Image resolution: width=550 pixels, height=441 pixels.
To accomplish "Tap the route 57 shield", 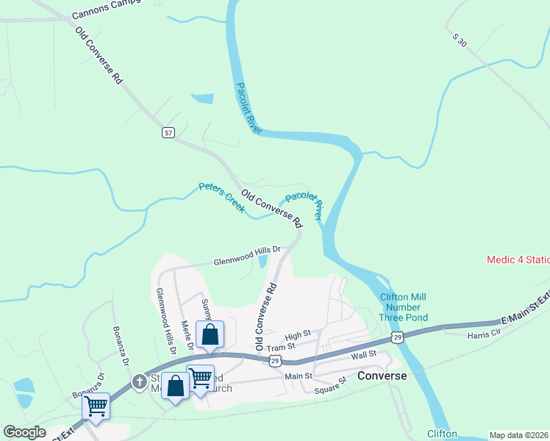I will coord(169,132).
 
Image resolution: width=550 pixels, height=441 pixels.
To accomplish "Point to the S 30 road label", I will coord(460,40).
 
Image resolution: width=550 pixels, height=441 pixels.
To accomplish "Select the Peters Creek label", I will coord(221,197).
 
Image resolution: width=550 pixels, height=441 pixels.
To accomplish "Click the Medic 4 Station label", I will coord(518,259).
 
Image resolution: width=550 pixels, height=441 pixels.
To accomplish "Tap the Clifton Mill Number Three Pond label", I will coord(404,307).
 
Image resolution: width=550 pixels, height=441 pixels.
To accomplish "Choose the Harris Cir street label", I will coord(484,336).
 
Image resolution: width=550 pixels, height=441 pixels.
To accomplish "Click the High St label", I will coord(299,334).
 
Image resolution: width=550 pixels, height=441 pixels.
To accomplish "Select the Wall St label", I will coord(364,354).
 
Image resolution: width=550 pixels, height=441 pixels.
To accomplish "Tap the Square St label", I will coord(331,385).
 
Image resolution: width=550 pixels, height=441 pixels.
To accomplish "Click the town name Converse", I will coord(382,376).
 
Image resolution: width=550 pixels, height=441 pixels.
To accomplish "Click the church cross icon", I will coord(140,381).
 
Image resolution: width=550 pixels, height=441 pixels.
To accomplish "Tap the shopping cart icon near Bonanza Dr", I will coord(96,405).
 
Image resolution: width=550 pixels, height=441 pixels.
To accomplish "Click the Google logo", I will coord(25,432).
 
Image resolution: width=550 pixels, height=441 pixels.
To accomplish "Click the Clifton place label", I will coord(441,434).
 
